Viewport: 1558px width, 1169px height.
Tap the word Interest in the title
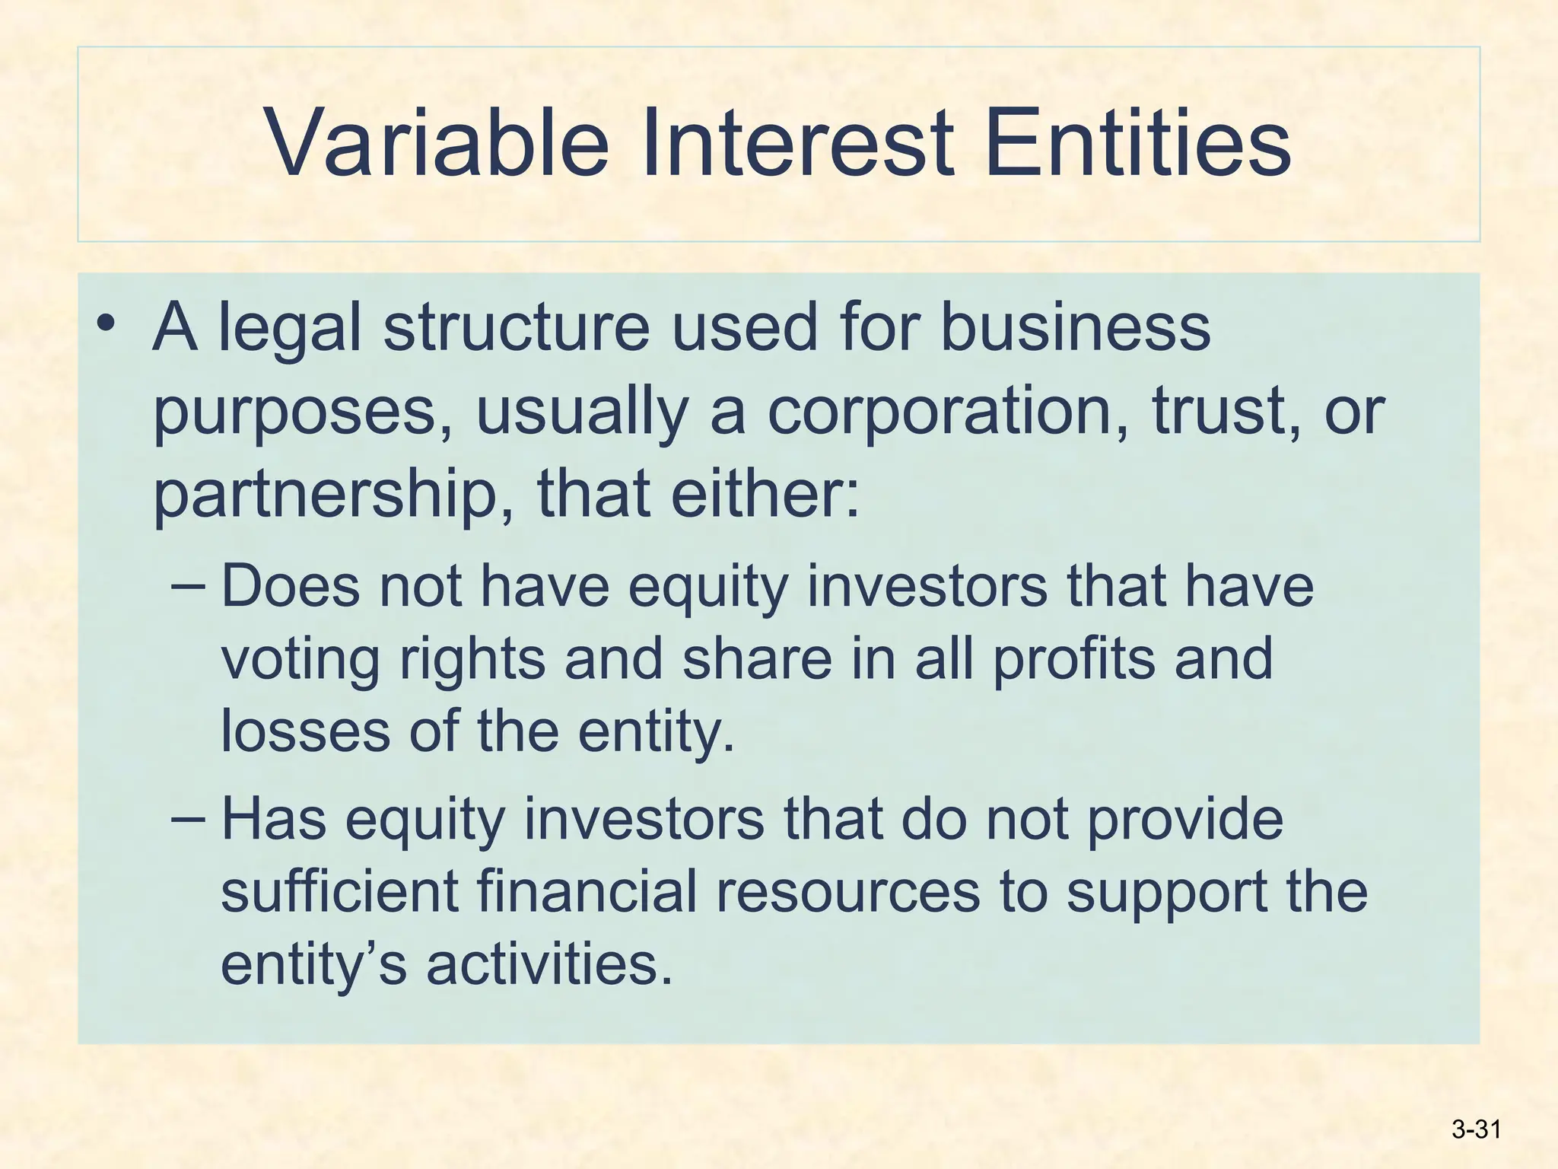click(x=796, y=143)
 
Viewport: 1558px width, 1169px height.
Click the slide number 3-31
click(x=1476, y=1129)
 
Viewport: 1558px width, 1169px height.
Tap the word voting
click(x=300, y=660)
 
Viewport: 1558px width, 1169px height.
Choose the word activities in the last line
click(x=549, y=964)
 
